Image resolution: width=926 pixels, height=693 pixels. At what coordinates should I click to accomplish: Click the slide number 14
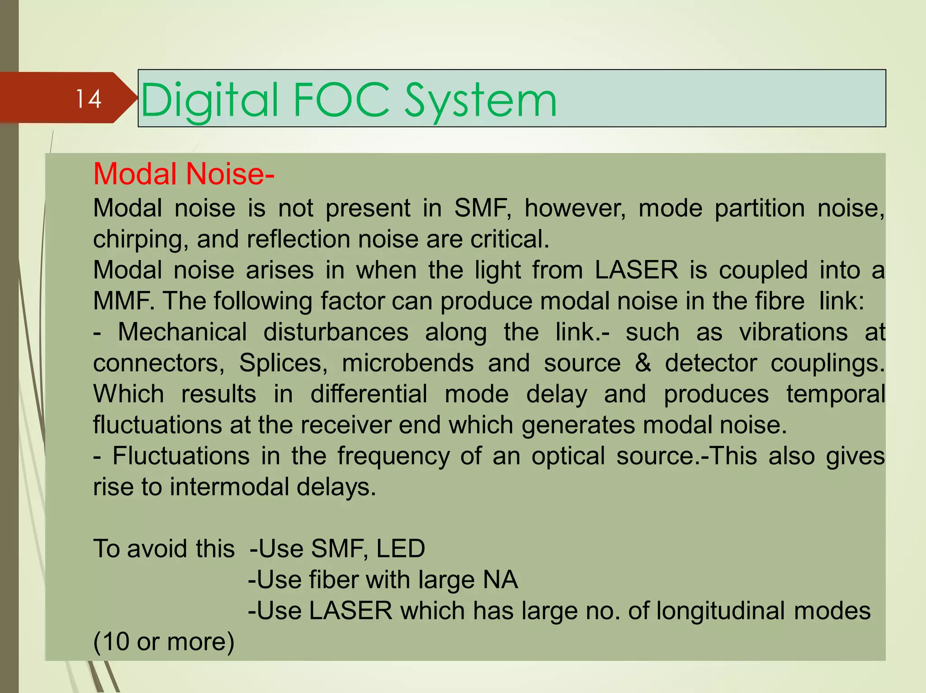click(x=88, y=99)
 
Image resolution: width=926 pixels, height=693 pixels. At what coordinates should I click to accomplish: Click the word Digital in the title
click(x=209, y=100)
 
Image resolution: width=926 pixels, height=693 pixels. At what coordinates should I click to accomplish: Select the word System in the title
click(x=480, y=101)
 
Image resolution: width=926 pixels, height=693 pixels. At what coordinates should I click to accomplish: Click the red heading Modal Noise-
click(x=184, y=174)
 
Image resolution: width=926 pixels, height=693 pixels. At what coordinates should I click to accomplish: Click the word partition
click(x=760, y=209)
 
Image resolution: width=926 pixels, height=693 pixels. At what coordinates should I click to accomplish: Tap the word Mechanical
click(x=182, y=332)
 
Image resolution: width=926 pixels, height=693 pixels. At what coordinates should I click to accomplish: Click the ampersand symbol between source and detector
click(x=643, y=363)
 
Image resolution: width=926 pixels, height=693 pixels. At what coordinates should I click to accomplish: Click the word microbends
click(x=408, y=363)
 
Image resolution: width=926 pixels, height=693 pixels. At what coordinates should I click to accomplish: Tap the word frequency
click(x=393, y=456)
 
